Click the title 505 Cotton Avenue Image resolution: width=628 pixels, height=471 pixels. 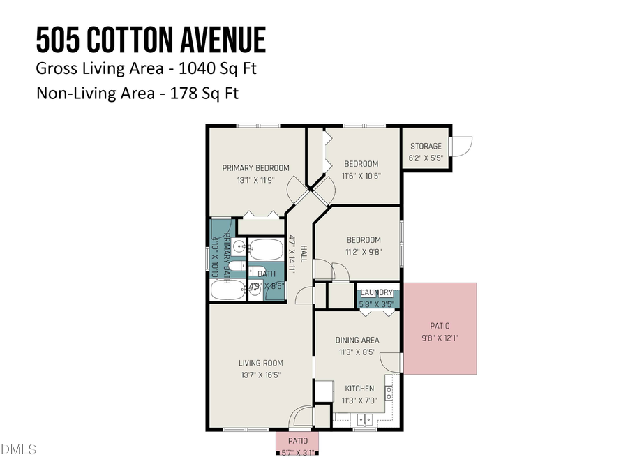[x=151, y=40]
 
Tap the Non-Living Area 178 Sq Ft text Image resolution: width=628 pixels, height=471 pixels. [x=137, y=93]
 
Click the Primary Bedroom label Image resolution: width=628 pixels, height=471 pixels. [x=255, y=167]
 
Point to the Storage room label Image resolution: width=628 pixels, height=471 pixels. [x=426, y=146]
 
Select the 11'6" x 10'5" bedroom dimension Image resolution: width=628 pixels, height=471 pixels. [x=361, y=176]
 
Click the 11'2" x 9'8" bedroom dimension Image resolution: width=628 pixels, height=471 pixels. [x=364, y=252]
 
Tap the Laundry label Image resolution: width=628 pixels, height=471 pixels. [x=377, y=293]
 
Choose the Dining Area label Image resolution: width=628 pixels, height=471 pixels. [x=357, y=341]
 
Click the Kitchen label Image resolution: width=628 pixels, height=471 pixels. [x=359, y=388]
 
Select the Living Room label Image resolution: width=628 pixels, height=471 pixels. [x=260, y=362]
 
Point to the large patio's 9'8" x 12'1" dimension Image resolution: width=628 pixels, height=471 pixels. [x=440, y=338]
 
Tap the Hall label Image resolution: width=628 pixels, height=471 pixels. [x=304, y=248]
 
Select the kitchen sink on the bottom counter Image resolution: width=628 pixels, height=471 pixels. [x=363, y=420]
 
